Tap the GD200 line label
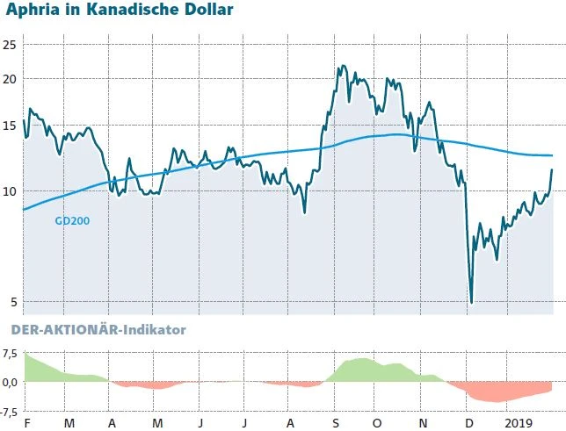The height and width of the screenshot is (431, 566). point(72,221)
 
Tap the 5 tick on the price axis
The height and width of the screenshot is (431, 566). point(11,303)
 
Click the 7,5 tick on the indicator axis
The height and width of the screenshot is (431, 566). point(10,354)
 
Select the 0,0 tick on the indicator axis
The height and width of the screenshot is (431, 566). point(10,382)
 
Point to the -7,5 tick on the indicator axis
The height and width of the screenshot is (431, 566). point(9,411)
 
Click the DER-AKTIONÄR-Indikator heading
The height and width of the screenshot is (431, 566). point(97,330)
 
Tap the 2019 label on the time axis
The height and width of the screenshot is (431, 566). point(518,423)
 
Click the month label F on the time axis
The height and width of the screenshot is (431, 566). point(27,423)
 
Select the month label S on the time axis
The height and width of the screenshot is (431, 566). point(335,423)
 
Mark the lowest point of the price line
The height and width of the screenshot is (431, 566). point(472,303)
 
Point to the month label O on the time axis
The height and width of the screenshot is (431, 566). point(378,423)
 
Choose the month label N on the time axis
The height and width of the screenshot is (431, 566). point(423,423)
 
